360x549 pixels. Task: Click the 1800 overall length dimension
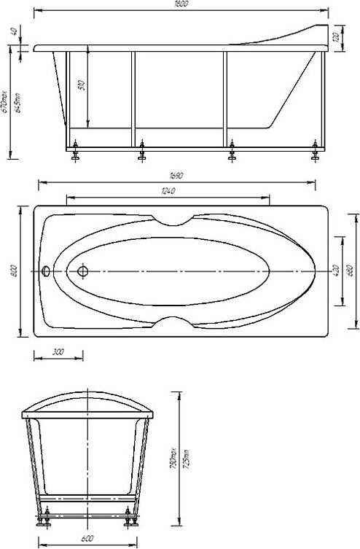coord(182,5)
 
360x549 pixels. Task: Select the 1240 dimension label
coord(168,190)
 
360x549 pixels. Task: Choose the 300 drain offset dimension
coord(58,351)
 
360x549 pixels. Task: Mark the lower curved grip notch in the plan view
coord(173,322)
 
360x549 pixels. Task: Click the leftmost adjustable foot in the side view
coord(74,152)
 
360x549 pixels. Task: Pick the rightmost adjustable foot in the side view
coord(315,152)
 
